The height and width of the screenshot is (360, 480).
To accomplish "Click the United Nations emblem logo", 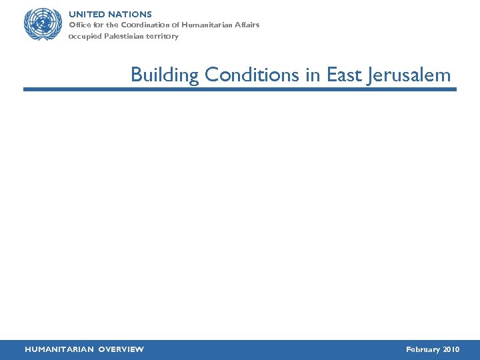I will (x=42, y=25).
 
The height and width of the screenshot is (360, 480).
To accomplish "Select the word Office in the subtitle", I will (x=80, y=25).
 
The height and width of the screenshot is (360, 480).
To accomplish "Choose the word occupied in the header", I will (x=85, y=37).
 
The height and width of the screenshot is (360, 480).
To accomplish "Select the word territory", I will (x=163, y=37).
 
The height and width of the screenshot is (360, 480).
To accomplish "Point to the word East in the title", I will (x=343, y=75).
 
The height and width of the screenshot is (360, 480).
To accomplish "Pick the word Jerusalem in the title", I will (x=408, y=75).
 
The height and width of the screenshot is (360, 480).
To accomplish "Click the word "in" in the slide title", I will (x=313, y=75).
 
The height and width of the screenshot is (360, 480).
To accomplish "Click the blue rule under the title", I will (x=240, y=89).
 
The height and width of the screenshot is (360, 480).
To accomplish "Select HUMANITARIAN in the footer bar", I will (x=59, y=349).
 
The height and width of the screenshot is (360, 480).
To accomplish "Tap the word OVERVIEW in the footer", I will (x=121, y=349).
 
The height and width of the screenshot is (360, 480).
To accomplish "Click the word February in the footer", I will (x=423, y=349).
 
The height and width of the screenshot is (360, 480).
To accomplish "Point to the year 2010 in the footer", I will (x=451, y=349).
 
